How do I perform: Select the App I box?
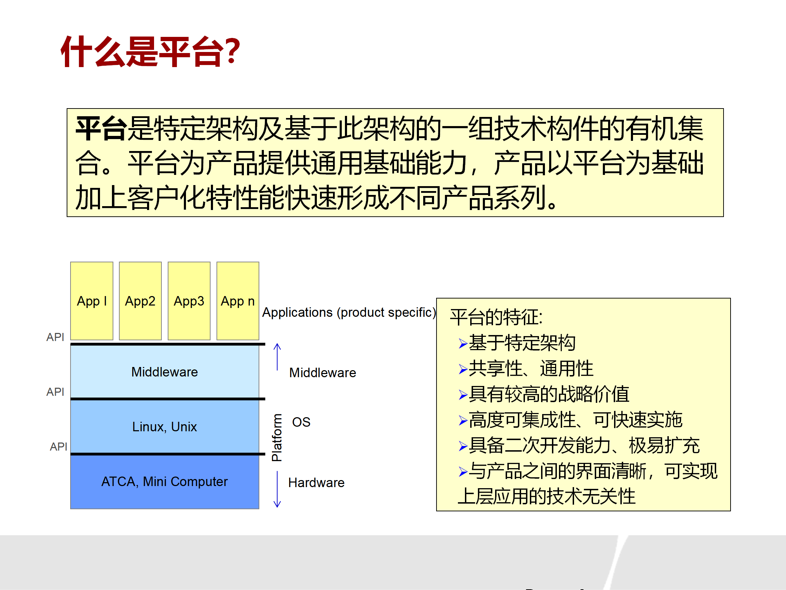point(92,301)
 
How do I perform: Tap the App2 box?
point(140,301)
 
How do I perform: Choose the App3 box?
point(189,301)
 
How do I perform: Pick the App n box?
point(237,301)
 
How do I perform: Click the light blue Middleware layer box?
point(165,372)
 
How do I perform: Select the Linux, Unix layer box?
point(165,426)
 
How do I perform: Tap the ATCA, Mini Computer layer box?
point(165,481)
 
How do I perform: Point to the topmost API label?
point(55,337)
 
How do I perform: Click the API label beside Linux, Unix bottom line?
point(58,446)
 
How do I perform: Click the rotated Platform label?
point(277,438)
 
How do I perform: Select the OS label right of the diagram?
point(301,422)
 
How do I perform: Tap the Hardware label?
point(316,483)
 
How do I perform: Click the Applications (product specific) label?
point(348,312)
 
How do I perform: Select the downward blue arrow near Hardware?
point(277,489)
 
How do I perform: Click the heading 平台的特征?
point(496,317)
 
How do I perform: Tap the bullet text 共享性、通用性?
point(531,368)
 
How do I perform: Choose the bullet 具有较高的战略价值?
point(549,394)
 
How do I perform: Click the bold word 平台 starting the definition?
point(101,129)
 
